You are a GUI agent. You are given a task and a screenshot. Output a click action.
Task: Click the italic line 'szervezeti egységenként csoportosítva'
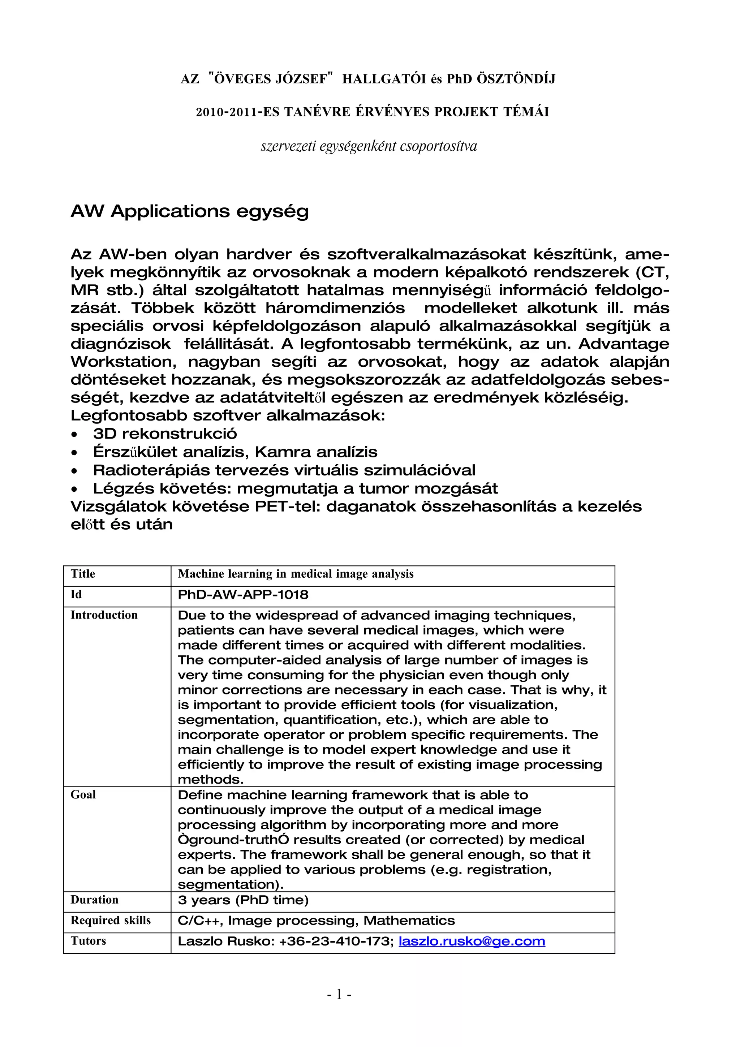(369, 146)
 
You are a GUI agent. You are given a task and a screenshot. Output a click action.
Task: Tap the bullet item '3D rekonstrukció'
(165, 434)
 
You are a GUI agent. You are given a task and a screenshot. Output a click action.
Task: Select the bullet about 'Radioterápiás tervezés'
(284, 470)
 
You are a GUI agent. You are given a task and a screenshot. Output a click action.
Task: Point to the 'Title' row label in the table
(83, 574)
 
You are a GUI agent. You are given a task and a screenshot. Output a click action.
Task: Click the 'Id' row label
(76, 594)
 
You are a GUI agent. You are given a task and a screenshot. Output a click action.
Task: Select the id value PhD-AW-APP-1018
(243, 595)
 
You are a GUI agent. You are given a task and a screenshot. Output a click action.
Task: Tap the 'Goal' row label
(83, 794)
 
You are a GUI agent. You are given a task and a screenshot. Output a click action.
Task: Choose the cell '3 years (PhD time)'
(243, 900)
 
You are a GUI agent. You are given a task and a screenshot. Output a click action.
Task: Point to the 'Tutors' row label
(88, 941)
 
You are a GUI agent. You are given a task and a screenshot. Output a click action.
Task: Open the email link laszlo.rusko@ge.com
(472, 941)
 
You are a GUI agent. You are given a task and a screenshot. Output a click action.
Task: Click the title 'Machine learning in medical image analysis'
(296, 574)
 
